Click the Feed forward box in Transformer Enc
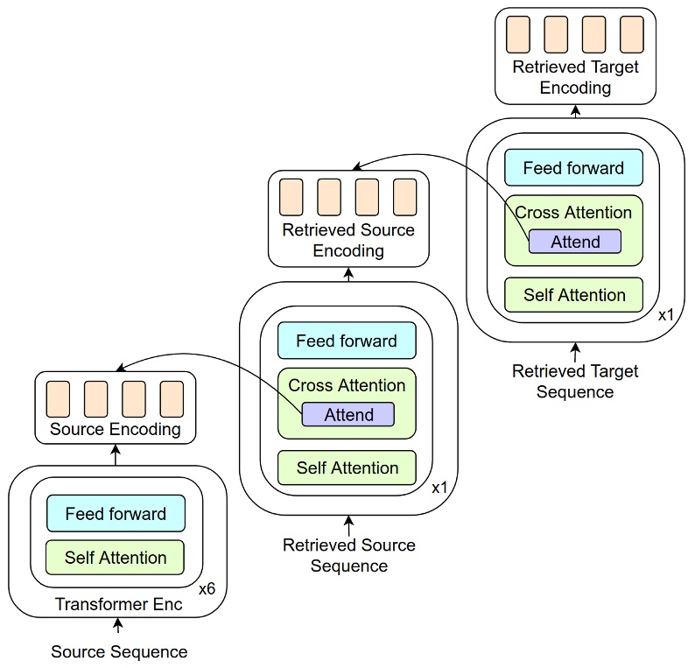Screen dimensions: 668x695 116,514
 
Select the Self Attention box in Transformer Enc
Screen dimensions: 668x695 116,558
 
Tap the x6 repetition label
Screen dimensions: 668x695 207,589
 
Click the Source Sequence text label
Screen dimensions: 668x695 119,651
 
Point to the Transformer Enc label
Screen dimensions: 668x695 119,604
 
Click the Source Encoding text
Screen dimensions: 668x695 116,429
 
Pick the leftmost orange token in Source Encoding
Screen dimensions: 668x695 58,398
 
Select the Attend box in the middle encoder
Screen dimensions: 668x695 348,415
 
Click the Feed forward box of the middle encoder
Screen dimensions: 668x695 347,341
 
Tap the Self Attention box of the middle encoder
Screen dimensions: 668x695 347,468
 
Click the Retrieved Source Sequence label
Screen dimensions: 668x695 349,555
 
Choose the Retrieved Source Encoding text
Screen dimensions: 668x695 348,240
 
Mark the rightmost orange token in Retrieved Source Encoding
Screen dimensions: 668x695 405,197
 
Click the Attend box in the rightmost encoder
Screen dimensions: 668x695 574,242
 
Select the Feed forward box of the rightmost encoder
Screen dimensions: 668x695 573,168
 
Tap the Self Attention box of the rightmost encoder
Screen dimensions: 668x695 573,295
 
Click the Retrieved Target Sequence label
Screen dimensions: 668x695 575,381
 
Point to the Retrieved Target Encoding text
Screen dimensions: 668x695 575,77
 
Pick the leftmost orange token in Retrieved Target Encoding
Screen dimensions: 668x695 518,34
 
